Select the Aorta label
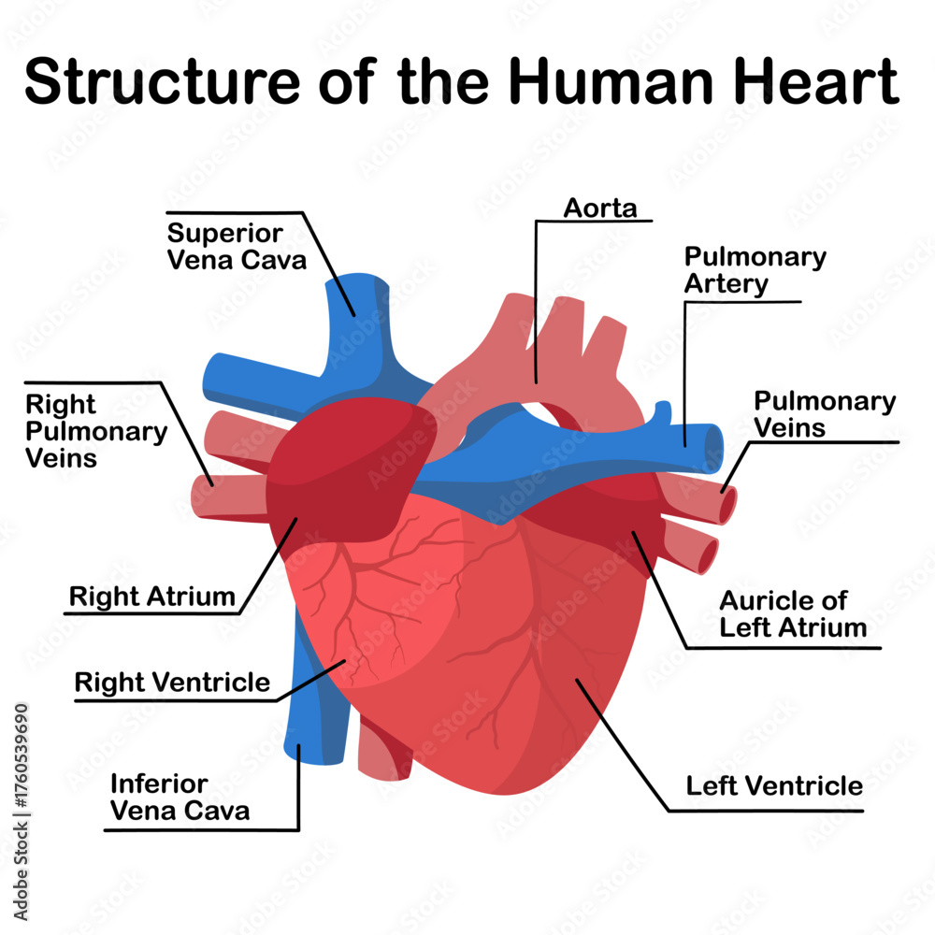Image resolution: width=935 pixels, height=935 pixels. (599, 208)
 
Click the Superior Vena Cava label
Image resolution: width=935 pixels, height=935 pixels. (237, 245)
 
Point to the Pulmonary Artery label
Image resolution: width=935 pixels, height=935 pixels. (755, 269)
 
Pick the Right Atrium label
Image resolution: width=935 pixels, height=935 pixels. (152, 597)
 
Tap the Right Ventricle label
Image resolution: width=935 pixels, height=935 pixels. (172, 683)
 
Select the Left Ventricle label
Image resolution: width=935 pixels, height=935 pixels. (774, 785)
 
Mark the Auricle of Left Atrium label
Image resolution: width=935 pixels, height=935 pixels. (793, 613)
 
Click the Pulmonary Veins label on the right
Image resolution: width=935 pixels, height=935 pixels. (824, 414)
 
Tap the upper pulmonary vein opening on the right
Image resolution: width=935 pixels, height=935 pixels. (726, 505)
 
